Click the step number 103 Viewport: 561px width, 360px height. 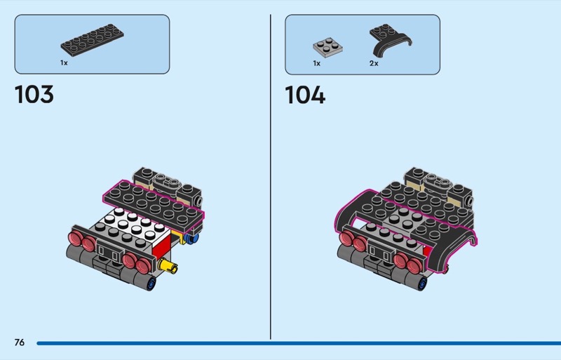(34, 95)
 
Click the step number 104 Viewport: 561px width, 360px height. (305, 95)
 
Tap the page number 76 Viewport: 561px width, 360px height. (19, 342)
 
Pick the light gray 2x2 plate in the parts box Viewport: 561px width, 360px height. (327, 47)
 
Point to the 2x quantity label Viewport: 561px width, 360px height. (374, 63)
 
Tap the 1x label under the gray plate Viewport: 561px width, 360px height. (316, 63)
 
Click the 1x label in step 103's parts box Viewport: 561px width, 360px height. (64, 62)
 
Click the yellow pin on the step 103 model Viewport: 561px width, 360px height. (169, 265)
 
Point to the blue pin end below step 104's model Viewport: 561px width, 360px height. (422, 284)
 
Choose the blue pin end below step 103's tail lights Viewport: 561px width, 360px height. (153, 284)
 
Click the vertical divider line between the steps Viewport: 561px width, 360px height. (271, 175)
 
